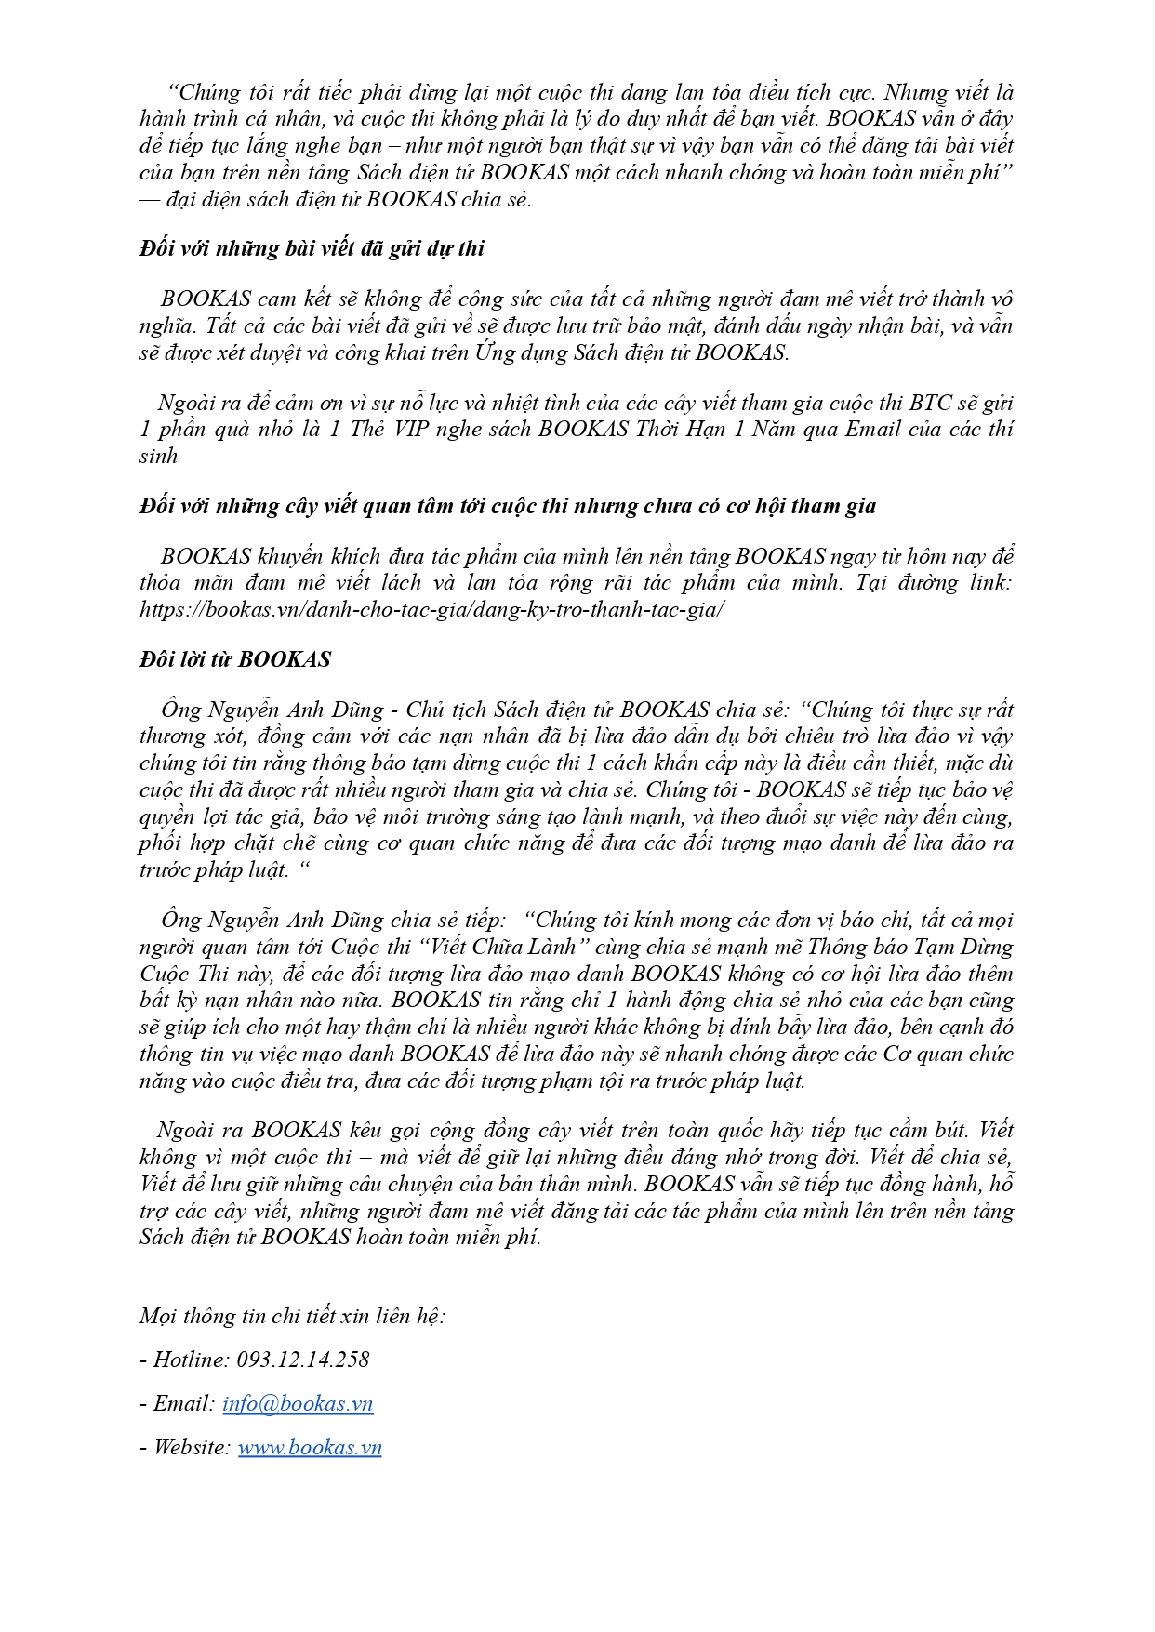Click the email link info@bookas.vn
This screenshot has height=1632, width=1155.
pyautogui.click(x=298, y=1404)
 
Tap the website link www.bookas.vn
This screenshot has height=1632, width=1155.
pyautogui.click(x=310, y=1448)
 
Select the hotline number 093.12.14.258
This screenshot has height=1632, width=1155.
pyautogui.click(x=303, y=1360)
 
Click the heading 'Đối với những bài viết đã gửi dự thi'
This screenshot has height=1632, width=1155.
pyautogui.click(x=312, y=249)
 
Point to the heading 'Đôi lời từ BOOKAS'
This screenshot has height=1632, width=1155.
pyautogui.click(x=235, y=659)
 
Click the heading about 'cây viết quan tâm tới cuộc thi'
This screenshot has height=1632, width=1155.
pyautogui.click(x=508, y=507)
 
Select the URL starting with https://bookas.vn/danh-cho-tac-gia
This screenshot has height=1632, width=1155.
pyautogui.click(x=431, y=610)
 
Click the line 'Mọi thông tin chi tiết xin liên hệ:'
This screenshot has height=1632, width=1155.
pyautogui.click(x=292, y=1316)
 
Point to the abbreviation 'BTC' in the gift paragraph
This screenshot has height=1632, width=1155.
pyautogui.click(x=930, y=403)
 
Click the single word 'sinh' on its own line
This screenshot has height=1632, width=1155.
pyautogui.click(x=158, y=456)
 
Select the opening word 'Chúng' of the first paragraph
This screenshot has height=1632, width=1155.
pyautogui.click(x=210, y=93)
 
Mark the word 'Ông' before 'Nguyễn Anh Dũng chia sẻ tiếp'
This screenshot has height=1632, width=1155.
pyautogui.click(x=180, y=921)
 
